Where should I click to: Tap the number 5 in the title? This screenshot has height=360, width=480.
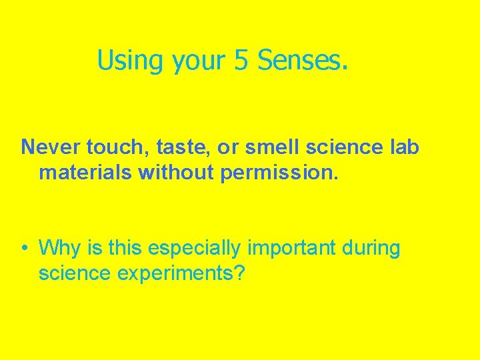(241, 60)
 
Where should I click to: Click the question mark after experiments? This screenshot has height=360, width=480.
(242, 273)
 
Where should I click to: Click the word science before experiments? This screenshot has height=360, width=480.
(74, 273)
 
